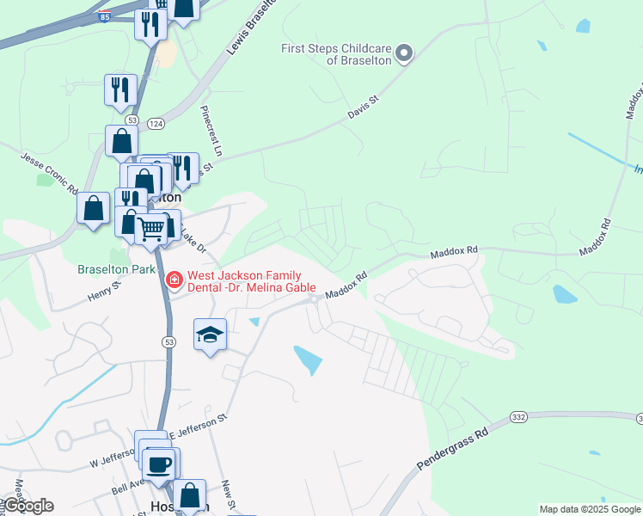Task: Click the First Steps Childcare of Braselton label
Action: [336, 54]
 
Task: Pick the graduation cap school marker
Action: [210, 335]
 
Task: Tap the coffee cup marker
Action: [160, 465]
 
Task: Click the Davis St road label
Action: [363, 111]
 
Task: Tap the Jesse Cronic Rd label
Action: [51, 171]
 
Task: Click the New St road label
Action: [228, 495]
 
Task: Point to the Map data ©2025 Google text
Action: [590, 509]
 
